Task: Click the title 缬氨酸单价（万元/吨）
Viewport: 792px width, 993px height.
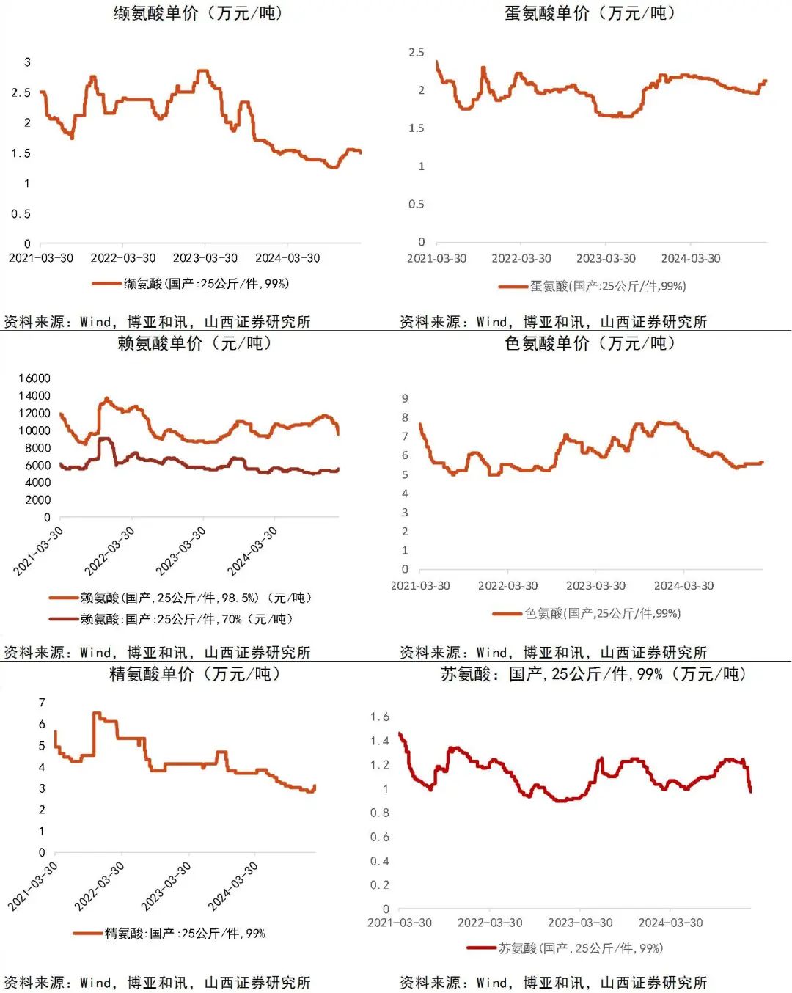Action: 198,13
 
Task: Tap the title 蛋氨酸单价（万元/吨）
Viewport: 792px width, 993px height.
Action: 590,13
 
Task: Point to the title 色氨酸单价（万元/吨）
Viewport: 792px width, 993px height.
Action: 590,343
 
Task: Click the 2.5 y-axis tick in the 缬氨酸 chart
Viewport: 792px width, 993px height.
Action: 21,92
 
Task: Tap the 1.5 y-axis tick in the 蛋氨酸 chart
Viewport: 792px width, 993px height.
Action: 416,128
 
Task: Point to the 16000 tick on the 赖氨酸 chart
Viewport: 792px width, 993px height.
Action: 34,378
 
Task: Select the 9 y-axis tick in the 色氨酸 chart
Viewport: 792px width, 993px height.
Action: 405,398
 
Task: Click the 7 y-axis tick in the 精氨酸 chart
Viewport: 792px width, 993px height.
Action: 42,703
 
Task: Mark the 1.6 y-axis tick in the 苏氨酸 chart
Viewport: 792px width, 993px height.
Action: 379,717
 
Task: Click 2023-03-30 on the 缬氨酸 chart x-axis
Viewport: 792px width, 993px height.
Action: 205,258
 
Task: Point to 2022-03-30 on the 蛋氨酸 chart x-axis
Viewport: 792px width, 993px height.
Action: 521,258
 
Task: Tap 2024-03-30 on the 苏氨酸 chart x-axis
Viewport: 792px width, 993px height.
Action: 670,923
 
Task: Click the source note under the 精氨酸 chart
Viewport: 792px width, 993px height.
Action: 158,982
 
